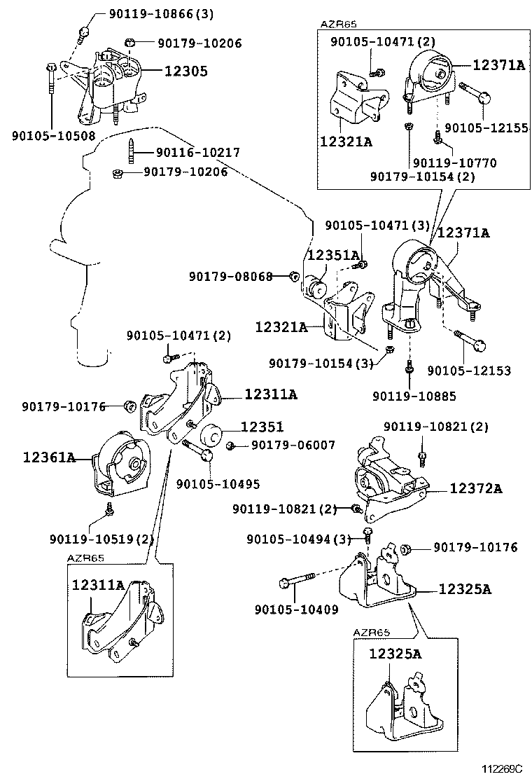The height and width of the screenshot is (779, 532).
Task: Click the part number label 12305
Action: coord(185,71)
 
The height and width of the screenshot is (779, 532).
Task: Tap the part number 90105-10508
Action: coord(53,136)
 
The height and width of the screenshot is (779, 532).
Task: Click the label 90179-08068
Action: coord(230,276)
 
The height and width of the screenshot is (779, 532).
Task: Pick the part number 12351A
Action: coord(333,255)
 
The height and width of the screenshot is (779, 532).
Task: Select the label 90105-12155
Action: coord(486,129)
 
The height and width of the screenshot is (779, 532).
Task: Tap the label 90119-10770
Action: coord(454,163)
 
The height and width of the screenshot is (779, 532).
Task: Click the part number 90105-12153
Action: coord(469,371)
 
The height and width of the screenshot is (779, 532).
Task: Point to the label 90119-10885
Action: coord(414,396)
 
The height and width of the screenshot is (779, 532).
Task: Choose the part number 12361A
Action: coord(49,457)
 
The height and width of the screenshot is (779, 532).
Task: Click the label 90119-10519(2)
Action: coord(101,539)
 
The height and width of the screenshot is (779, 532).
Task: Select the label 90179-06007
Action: coord(293,445)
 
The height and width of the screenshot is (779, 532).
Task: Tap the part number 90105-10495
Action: coord(218,483)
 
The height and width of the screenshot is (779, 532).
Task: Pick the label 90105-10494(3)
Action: coord(298,538)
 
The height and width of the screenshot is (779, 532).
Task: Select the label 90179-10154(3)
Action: coord(321,363)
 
